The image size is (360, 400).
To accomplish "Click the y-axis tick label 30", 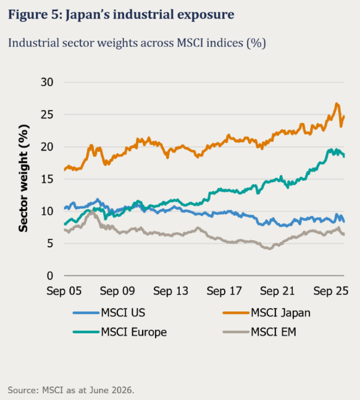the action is (x=47, y=82).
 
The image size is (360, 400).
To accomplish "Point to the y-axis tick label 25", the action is (x=47, y=115).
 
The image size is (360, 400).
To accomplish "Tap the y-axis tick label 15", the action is (x=47, y=179).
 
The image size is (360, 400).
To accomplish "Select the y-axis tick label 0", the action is (x=50, y=276).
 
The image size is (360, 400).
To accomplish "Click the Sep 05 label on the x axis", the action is (x=64, y=291).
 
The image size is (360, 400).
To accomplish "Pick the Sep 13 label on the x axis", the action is (x=170, y=291).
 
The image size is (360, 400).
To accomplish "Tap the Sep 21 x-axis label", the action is (x=277, y=291).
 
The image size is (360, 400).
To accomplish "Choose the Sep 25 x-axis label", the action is (x=331, y=291).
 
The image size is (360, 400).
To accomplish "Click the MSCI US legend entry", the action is (x=109, y=313).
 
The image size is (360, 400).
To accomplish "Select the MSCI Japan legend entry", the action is (x=267, y=313).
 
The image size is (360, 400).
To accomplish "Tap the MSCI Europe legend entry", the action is (x=120, y=332).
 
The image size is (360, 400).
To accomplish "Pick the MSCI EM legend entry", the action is (x=259, y=332).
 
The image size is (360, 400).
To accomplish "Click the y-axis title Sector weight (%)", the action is (x=23, y=178).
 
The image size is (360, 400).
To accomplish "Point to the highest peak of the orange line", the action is (x=337, y=104).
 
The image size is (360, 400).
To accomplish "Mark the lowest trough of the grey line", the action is (x=270, y=249).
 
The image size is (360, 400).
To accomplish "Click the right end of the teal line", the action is (x=344, y=156).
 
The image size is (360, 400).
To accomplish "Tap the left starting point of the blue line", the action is (x=65, y=208).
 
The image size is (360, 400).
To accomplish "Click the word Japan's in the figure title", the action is (x=88, y=14).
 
